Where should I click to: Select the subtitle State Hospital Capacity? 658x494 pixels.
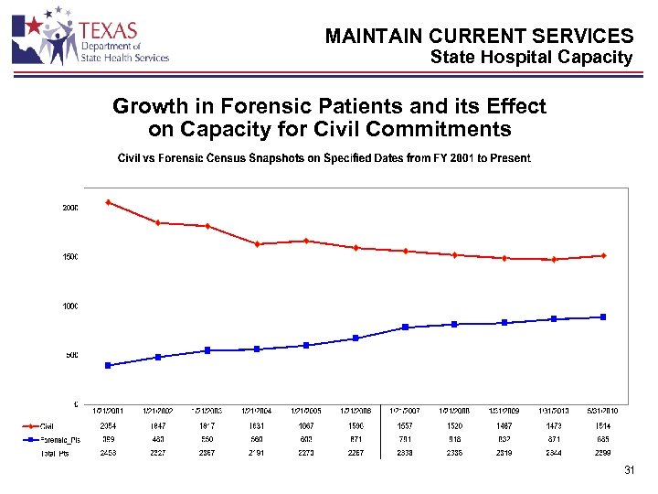(x=531, y=58)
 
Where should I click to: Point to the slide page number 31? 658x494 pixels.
(x=628, y=471)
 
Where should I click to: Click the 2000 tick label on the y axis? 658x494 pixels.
(x=70, y=208)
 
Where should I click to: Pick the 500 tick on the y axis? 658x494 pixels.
(x=72, y=355)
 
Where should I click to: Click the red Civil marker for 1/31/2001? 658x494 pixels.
(x=108, y=202)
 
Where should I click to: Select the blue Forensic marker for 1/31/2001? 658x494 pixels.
(x=108, y=365)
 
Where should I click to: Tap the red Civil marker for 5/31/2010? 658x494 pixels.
(x=604, y=255)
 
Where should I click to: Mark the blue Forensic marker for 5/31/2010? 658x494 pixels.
(x=604, y=317)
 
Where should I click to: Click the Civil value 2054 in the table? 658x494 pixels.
(x=108, y=425)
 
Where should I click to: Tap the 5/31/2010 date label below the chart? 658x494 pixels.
(x=604, y=411)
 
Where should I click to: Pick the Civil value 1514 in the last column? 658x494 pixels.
(x=604, y=425)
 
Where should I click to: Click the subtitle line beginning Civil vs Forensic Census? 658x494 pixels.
(x=324, y=158)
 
